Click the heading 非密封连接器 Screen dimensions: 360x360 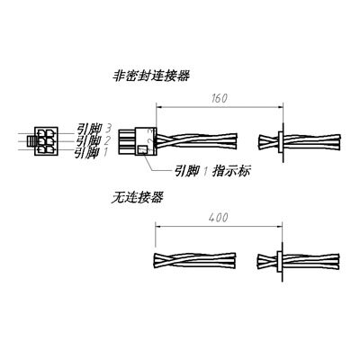click(x=151, y=76)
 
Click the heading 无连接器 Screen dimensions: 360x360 click(x=137, y=198)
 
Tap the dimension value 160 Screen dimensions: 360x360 click(x=220, y=98)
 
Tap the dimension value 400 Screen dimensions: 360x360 click(x=219, y=218)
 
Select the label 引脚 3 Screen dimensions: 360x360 click(x=94, y=129)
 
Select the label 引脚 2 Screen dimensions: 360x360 click(x=94, y=140)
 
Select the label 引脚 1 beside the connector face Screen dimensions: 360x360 click(x=91, y=152)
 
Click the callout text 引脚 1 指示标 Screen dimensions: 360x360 click(x=212, y=171)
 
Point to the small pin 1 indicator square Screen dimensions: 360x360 click(x=142, y=149)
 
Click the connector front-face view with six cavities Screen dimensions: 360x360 click(x=46, y=140)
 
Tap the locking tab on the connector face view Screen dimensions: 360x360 click(x=31, y=140)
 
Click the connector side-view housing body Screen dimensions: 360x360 click(x=146, y=141)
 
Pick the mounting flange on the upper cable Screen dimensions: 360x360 click(x=283, y=142)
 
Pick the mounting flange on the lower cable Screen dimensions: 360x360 click(x=281, y=261)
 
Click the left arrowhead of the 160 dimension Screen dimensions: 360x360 click(x=159, y=108)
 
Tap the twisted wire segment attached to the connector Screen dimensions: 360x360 click(x=197, y=141)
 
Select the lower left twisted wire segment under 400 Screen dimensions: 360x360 click(x=194, y=260)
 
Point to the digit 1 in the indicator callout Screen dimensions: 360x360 click(x=206, y=172)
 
